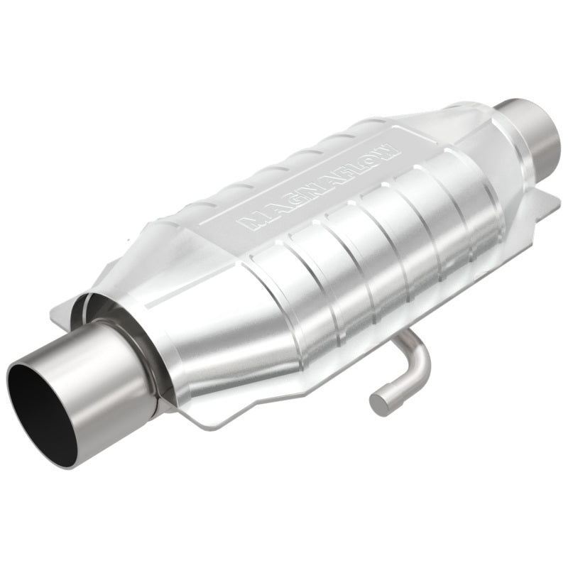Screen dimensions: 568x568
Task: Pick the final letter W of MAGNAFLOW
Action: click(x=389, y=147)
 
